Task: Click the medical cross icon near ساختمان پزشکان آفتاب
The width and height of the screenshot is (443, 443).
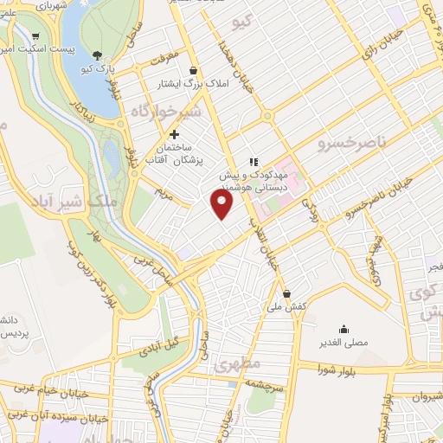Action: pyautogui.click(x=175, y=134)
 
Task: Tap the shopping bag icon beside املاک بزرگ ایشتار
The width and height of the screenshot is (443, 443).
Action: pyautogui.click(x=192, y=71)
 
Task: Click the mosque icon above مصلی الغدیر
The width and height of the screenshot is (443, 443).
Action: pyautogui.click(x=344, y=328)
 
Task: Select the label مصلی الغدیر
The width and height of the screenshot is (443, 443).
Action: pyautogui.click(x=344, y=343)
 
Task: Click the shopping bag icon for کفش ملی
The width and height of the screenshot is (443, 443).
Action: pyautogui.click(x=286, y=292)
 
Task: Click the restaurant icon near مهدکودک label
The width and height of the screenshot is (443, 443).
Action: pyautogui.click(x=253, y=161)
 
